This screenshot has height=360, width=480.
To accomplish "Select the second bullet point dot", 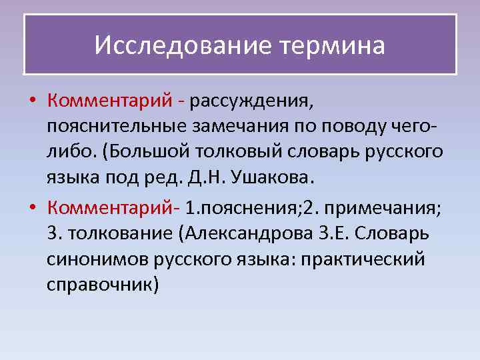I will pyautogui.click(x=32, y=208).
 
